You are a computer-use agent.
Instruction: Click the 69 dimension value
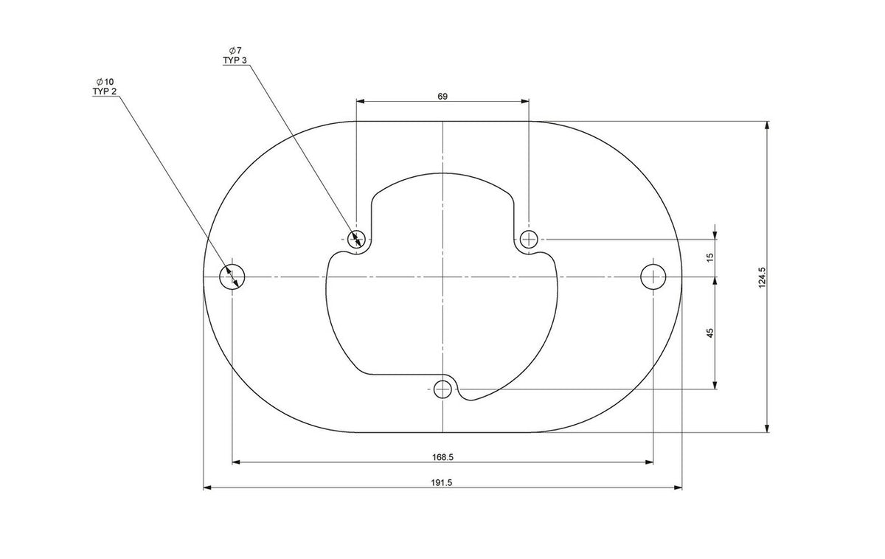442,97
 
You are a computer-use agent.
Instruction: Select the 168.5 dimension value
442,457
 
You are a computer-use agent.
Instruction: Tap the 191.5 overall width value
441,482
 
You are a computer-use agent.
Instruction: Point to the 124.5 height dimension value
762,278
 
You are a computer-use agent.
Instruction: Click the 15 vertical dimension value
710,257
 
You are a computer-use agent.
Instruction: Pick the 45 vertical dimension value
710,333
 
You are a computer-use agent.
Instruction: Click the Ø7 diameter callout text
235,50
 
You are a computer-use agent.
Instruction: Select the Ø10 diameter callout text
105,82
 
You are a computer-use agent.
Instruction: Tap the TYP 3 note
235,60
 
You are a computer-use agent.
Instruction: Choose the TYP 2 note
105,91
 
